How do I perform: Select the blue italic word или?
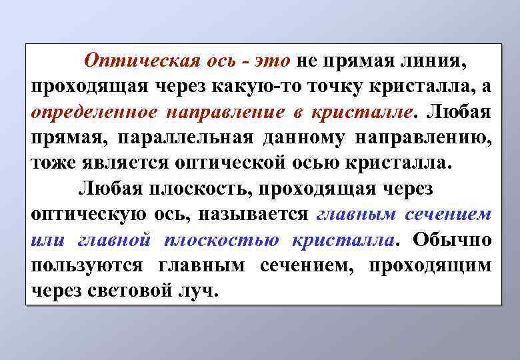(x=47, y=239)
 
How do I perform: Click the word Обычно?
(x=453, y=239)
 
